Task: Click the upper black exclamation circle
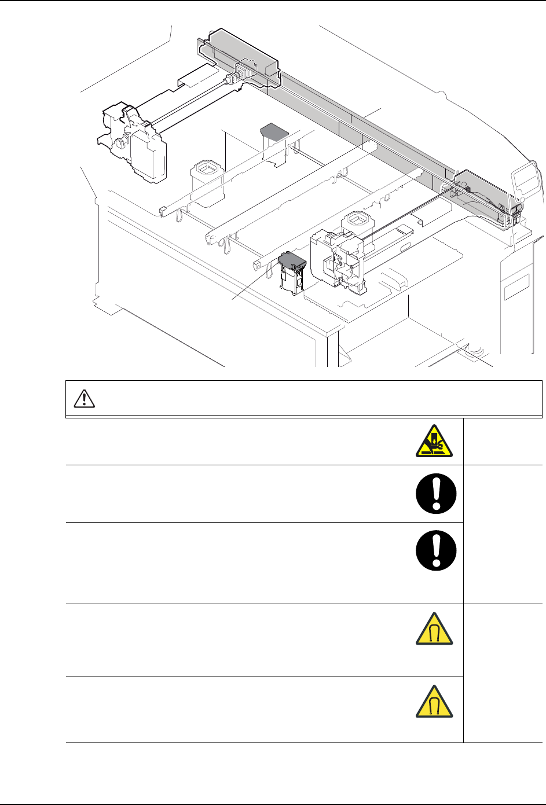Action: point(436,494)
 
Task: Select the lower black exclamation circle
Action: point(436,552)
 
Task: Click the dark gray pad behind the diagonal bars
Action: point(274,131)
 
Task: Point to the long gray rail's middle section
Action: point(359,127)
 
